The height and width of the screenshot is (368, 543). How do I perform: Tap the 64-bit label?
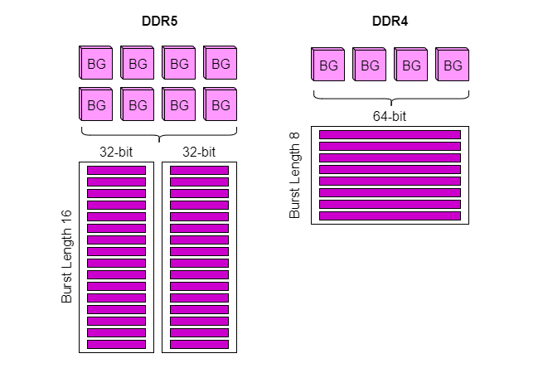[389, 117]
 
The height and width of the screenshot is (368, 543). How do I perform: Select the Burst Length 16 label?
[67, 256]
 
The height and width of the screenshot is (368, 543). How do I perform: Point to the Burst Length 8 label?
[294, 176]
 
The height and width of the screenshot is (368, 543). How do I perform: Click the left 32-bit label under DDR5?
[116, 152]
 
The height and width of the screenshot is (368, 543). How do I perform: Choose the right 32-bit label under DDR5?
[199, 152]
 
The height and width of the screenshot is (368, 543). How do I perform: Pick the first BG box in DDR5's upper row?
[96, 63]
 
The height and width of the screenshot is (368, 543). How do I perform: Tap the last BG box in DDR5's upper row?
[220, 63]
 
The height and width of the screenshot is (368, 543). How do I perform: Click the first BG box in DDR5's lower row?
[96, 105]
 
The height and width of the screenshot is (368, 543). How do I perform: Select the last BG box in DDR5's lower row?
[220, 105]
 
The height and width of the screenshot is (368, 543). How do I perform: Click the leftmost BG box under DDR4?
[328, 65]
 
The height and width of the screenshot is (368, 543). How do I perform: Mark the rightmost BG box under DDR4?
[452, 65]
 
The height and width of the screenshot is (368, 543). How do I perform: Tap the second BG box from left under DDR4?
[370, 65]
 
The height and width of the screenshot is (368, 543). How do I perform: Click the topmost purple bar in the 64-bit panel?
[390, 134]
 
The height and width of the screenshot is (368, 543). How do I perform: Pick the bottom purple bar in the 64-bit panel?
[390, 215]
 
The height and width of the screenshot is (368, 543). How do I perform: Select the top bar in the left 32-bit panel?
[116, 170]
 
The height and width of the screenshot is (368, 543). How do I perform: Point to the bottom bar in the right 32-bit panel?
[199, 344]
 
